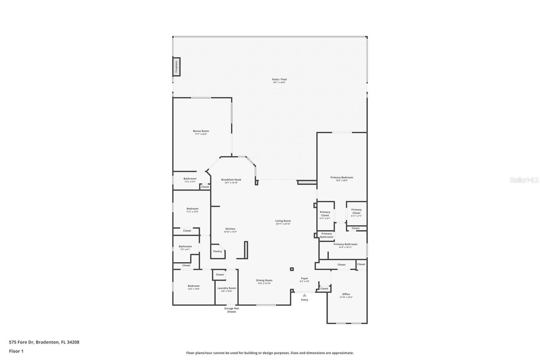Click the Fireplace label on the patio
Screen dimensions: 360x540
pos(176,67)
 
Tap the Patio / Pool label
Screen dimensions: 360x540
pos(279,80)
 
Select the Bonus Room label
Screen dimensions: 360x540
pos(201,131)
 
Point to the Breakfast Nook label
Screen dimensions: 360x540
pos(231,180)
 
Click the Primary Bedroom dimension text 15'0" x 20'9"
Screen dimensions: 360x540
pos(342,181)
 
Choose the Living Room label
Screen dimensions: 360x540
pos(283,221)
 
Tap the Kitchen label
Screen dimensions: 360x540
pos(230,229)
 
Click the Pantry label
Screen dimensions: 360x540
pos(217,251)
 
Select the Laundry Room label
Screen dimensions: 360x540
pos(227,288)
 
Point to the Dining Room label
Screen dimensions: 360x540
pos(264,280)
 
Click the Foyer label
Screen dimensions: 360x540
pos(304,278)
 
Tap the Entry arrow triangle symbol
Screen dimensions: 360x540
pos(304,295)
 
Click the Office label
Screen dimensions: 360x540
pos(346,294)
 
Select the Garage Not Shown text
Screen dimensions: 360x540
pos(232,310)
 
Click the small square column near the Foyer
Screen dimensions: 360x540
pos(292,269)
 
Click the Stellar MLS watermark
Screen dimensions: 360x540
pos(524,180)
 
